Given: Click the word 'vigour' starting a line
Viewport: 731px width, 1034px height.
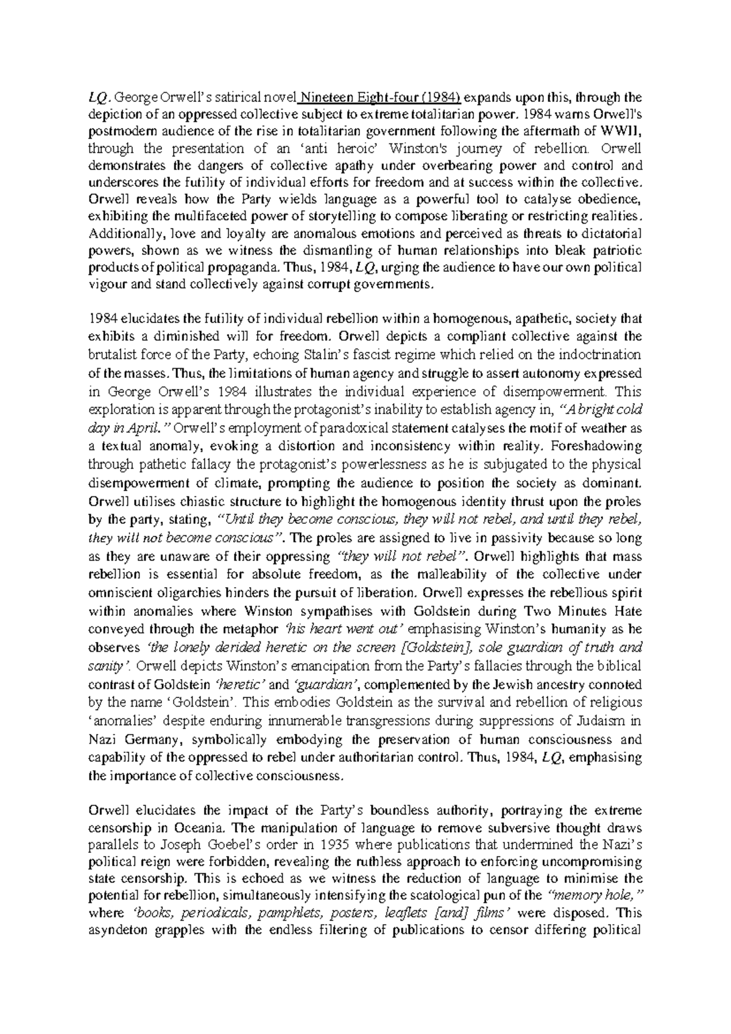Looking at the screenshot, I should (x=105, y=285).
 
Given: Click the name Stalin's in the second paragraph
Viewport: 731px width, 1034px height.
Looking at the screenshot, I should (x=344, y=354).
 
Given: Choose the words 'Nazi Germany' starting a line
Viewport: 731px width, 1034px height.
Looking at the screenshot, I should (x=133, y=740).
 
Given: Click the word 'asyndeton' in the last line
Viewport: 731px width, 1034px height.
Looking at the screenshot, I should (x=120, y=930).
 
